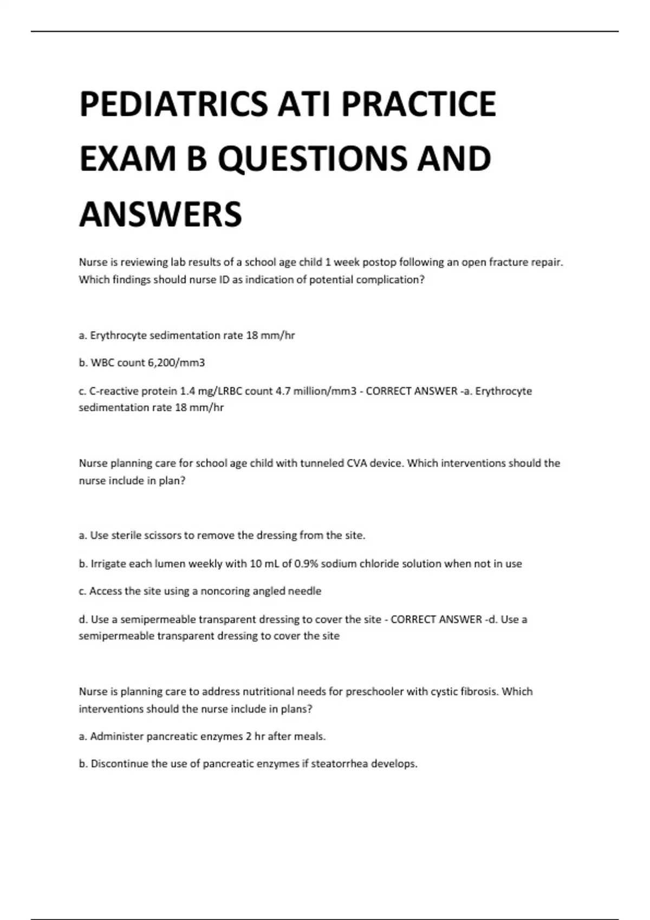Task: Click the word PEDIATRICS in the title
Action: (173, 104)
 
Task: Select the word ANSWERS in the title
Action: (161, 214)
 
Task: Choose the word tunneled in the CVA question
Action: (322, 463)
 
